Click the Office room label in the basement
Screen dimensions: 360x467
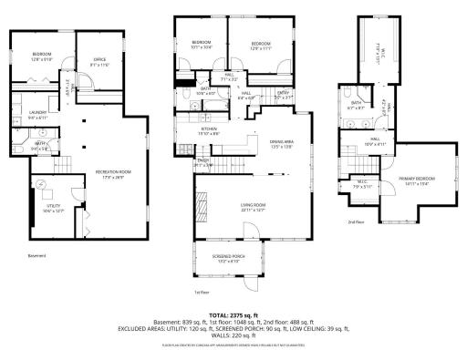pos(99,62)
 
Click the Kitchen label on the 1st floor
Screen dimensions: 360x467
pos(212,130)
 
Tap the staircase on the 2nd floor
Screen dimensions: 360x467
pos(351,164)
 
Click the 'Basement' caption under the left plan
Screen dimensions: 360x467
pos(36,255)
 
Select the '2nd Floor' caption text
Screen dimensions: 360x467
pos(355,221)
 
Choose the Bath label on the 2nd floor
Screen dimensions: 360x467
pos(357,106)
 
